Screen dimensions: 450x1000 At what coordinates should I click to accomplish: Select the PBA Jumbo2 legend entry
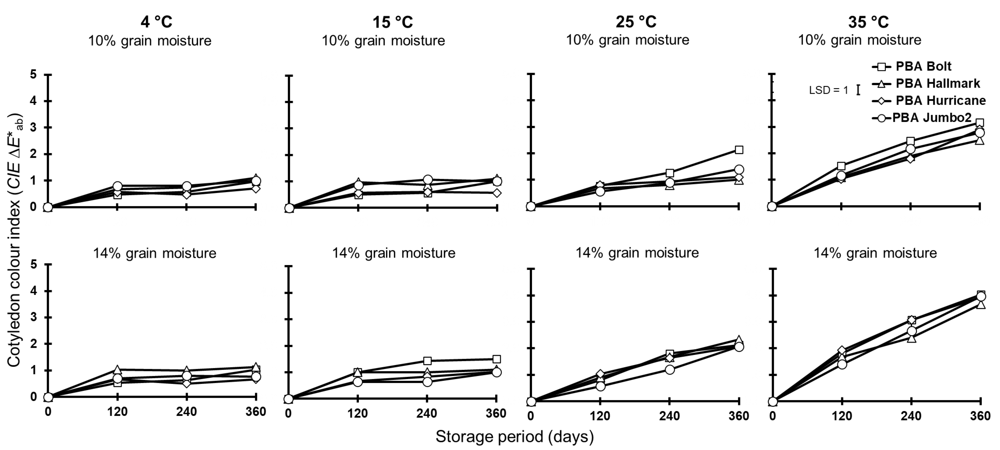pyautogui.click(x=931, y=117)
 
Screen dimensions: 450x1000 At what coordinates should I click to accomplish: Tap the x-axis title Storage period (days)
pyautogui.click(x=514, y=436)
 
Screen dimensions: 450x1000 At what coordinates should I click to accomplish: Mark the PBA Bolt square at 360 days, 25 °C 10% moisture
pyautogui.click(x=739, y=150)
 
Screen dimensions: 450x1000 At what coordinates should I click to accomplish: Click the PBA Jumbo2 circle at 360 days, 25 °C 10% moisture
pyautogui.click(x=739, y=170)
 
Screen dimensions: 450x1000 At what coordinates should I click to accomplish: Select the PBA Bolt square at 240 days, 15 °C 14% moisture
pyautogui.click(x=427, y=361)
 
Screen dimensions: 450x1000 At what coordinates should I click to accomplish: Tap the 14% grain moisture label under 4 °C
pyautogui.click(x=154, y=253)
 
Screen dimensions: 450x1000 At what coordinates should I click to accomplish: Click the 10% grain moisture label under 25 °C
pyautogui.click(x=627, y=40)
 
